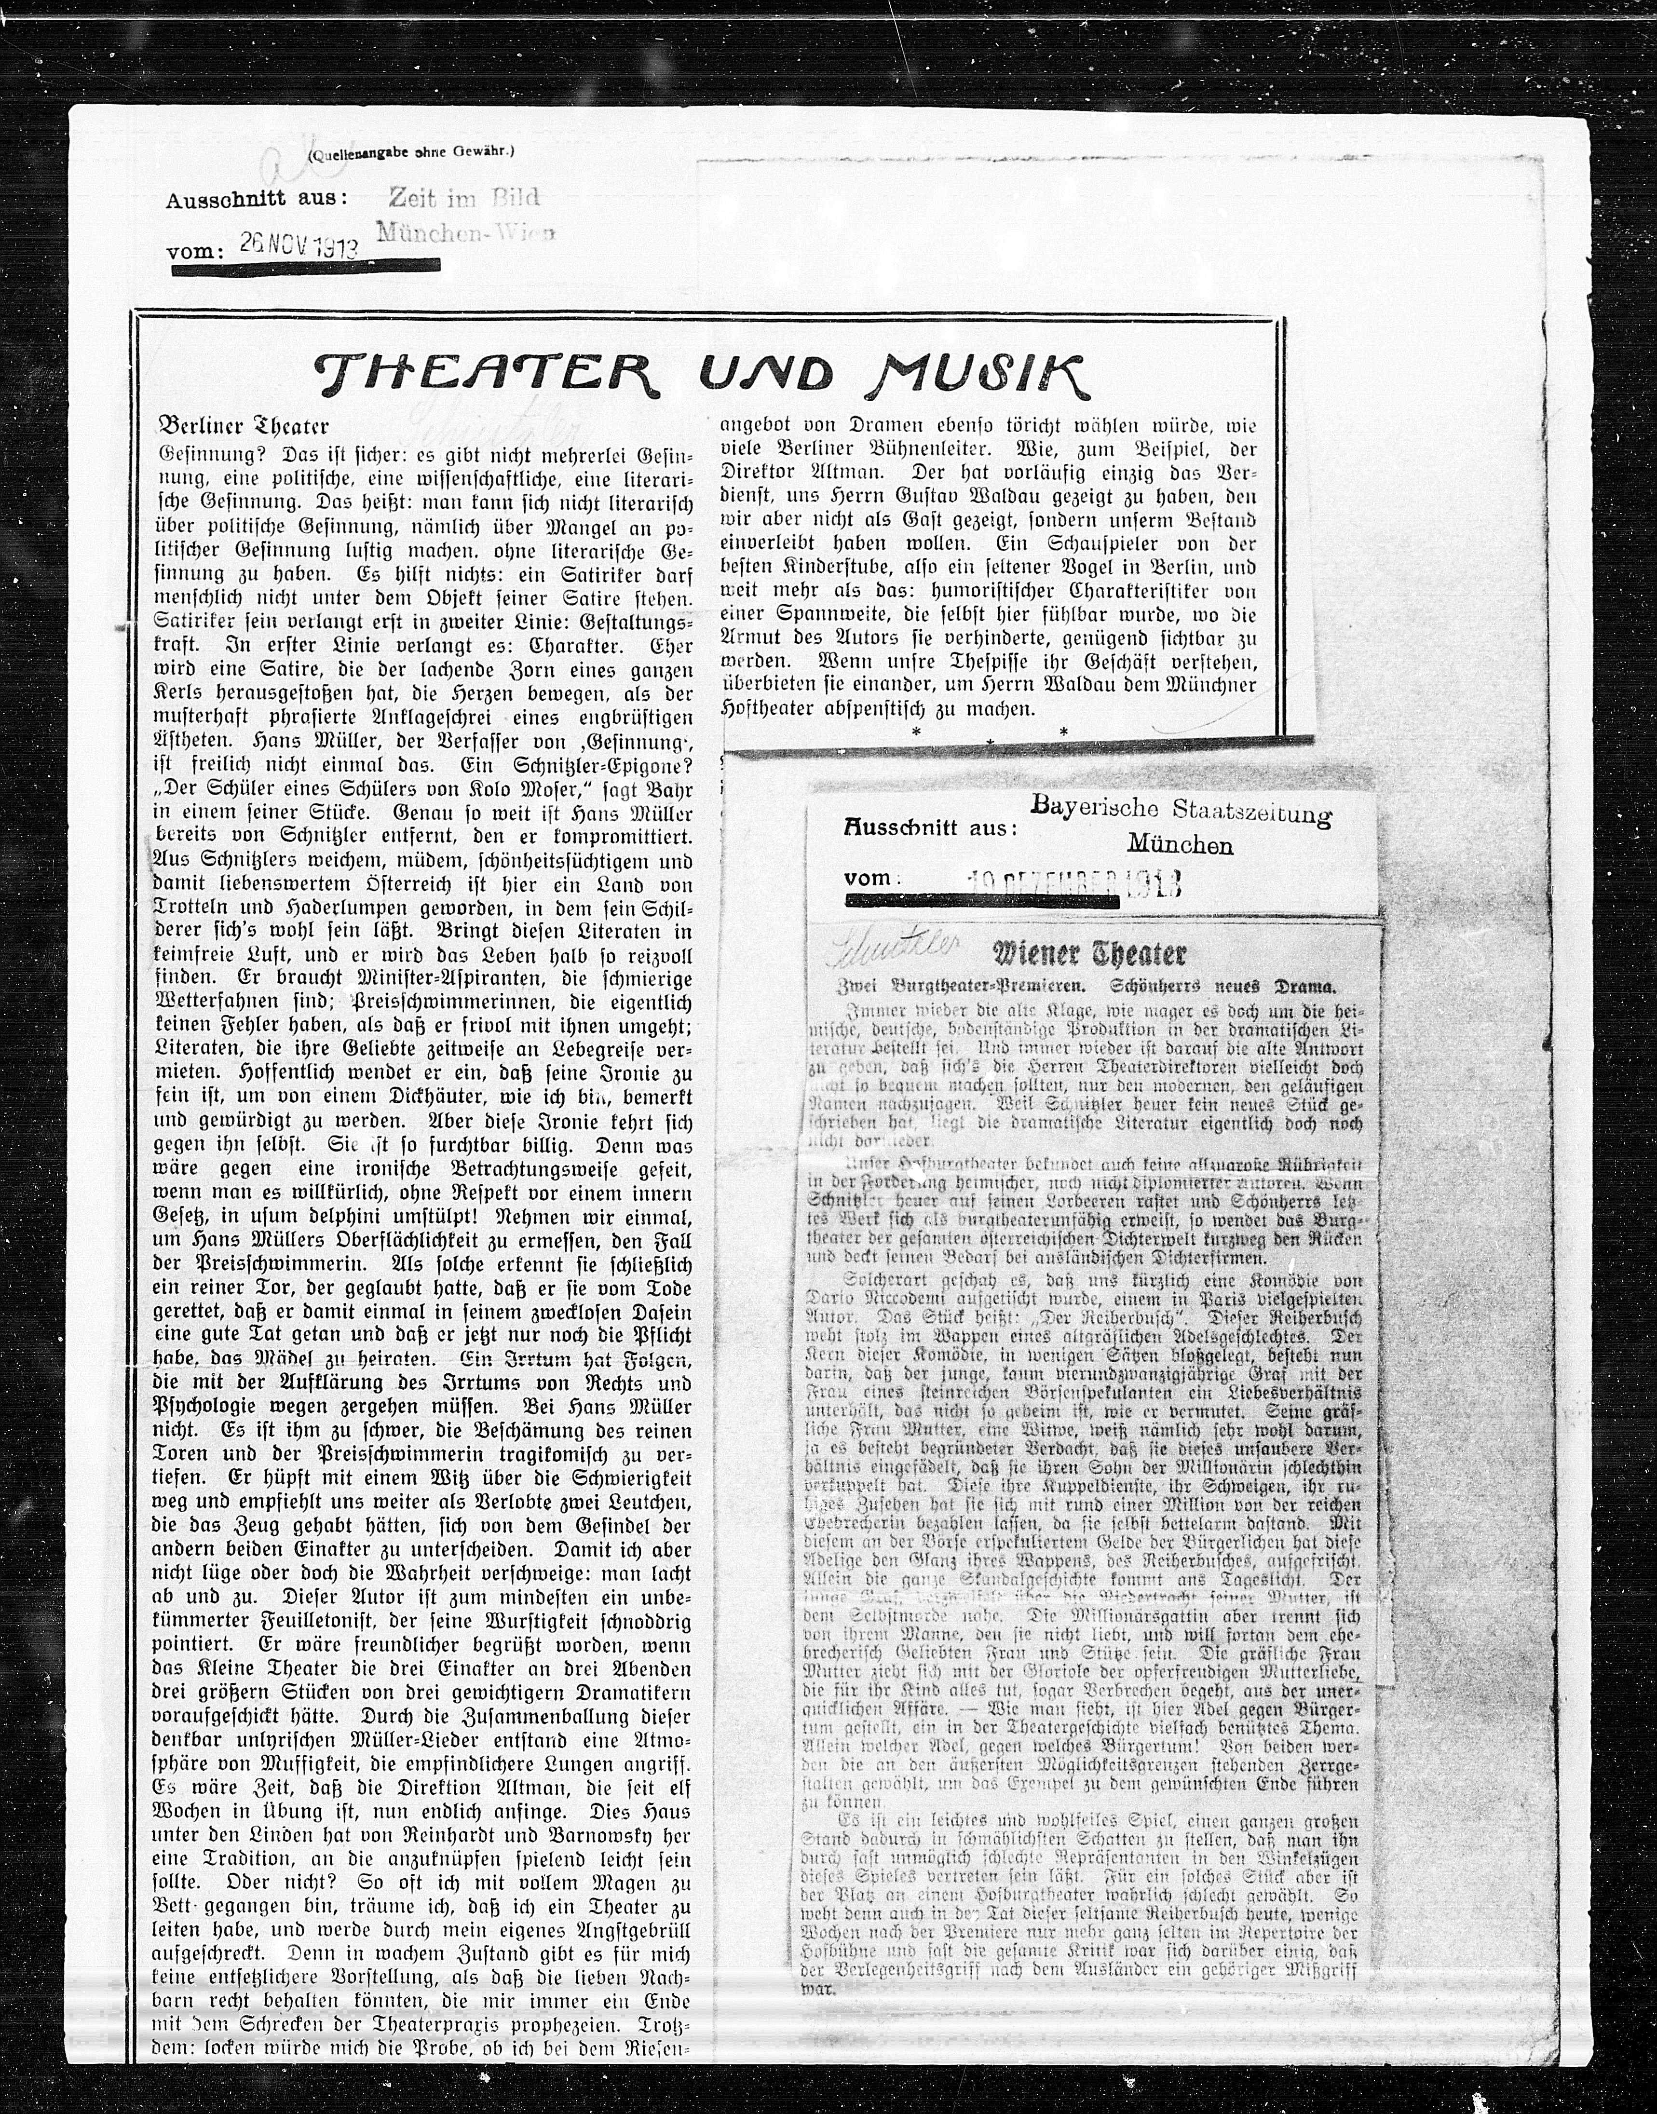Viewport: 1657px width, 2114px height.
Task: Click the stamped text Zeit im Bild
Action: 463,197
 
